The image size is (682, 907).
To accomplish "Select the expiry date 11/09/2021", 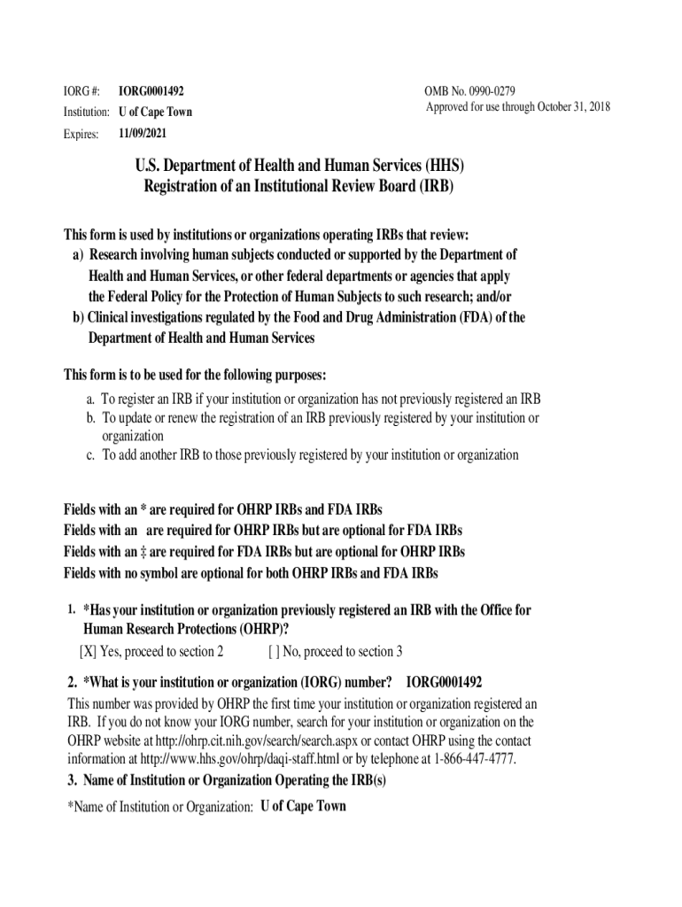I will point(142,134).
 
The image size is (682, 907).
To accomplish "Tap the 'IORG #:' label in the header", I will point(81,92).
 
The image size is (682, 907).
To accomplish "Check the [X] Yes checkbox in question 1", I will point(88,652).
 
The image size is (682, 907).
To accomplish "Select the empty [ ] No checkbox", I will point(274,652).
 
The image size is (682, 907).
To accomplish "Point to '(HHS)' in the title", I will point(444,166).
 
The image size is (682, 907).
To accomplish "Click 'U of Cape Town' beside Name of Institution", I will point(304,806).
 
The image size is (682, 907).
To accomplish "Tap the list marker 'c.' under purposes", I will point(90,455).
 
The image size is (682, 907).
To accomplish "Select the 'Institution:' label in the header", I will point(86,112).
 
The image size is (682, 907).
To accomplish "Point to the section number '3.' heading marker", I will point(73,780).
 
